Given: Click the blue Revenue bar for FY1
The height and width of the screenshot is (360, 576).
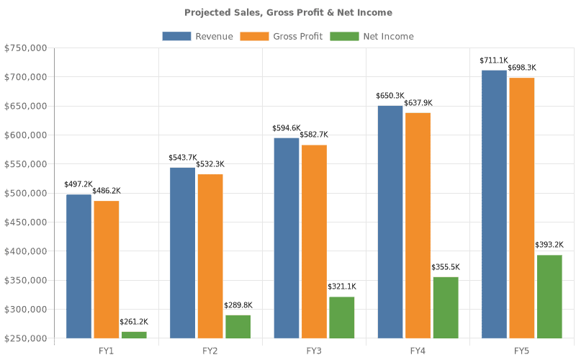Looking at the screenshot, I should click(x=79, y=266).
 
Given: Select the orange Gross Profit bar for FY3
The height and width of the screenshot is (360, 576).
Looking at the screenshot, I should click(x=313, y=241).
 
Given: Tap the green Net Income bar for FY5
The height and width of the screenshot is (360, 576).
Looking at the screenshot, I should click(x=549, y=296).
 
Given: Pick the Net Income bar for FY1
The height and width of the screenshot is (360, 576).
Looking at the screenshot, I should click(x=134, y=335).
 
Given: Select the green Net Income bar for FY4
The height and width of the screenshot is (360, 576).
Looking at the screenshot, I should click(x=445, y=307).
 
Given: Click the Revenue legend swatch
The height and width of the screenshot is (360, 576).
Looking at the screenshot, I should click(x=176, y=36).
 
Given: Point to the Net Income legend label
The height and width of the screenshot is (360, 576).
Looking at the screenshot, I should click(x=388, y=36).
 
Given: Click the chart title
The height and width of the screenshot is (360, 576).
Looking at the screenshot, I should click(x=288, y=12).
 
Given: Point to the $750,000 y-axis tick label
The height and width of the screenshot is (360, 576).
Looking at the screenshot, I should click(x=25, y=48).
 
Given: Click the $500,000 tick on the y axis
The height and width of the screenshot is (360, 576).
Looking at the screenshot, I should click(x=25, y=193).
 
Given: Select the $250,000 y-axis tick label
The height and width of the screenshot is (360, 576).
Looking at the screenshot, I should click(x=25, y=338).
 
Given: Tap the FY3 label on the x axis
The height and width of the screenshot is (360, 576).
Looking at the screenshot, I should click(x=314, y=351).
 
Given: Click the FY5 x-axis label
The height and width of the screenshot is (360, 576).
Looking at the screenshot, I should click(x=522, y=351).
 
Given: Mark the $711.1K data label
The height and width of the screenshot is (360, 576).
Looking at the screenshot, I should click(x=494, y=60).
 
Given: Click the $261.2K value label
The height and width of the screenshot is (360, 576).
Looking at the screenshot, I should click(x=134, y=321).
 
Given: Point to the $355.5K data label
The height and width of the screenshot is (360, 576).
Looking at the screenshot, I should click(x=445, y=267).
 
